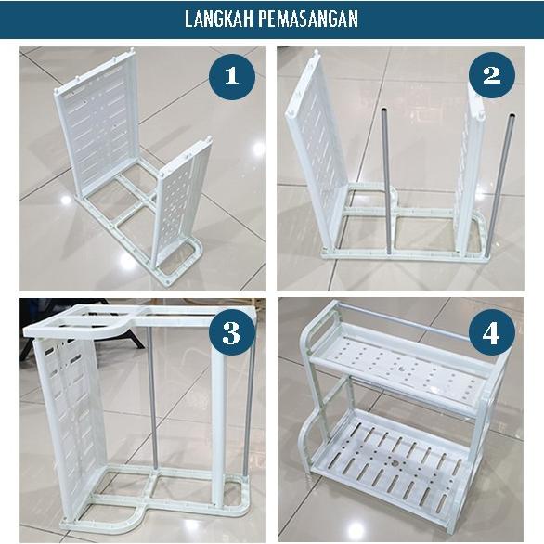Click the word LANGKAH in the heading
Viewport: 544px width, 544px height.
222,19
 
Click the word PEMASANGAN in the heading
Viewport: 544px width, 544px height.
309,19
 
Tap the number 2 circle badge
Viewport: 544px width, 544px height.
491,75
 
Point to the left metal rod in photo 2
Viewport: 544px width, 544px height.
386,176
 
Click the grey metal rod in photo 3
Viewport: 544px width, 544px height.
149,399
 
